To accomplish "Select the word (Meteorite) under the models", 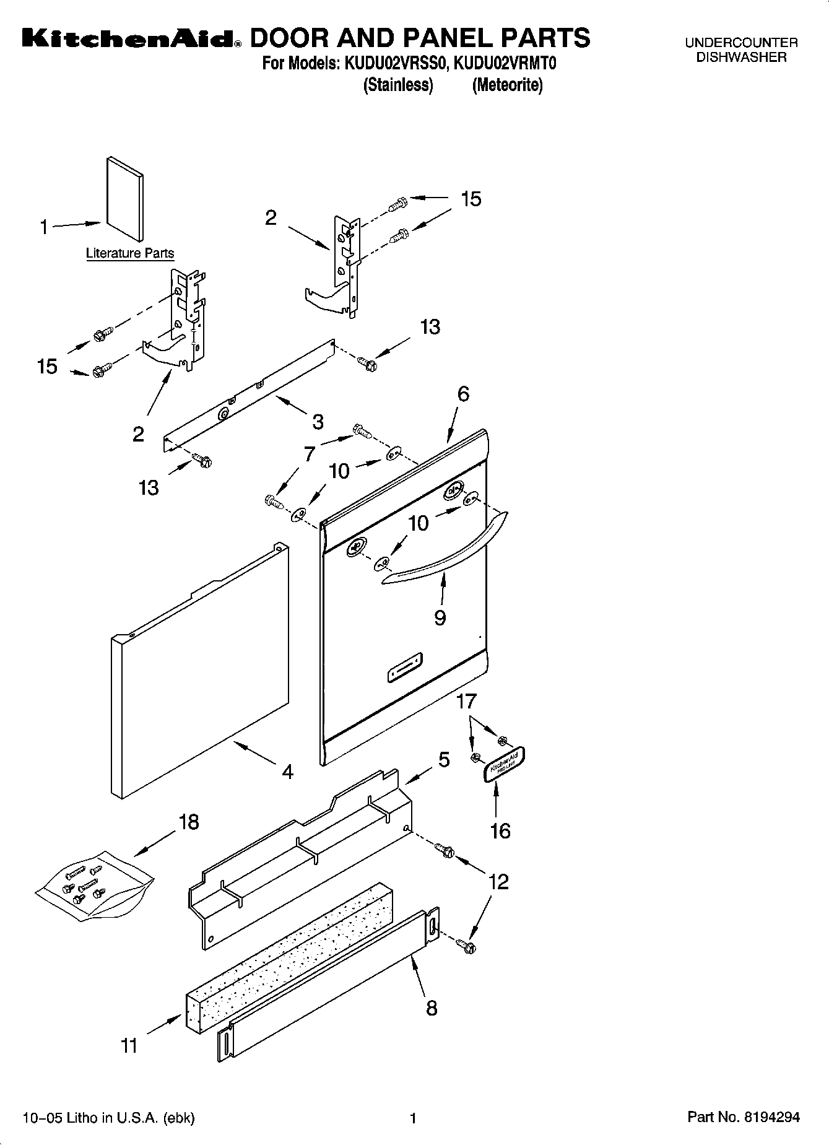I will pos(507,85).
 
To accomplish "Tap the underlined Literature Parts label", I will pos(130,253).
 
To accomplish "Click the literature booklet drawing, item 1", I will pos(126,199).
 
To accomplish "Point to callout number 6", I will pos(463,394).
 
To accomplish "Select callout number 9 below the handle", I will pos(440,618).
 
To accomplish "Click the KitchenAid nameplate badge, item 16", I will pos(505,764).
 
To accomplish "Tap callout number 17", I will pos(467,702).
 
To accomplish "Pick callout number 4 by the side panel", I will pos(287,772).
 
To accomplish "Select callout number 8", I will pos(432,1008).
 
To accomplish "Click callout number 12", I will pos(499,882).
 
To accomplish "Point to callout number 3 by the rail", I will pos(318,422).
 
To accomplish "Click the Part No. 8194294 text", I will pos(744,1117).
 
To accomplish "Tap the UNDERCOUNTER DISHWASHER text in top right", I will pos(741,50).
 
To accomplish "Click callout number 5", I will pos(444,760).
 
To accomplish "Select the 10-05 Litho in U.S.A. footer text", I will pos(108,1118).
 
